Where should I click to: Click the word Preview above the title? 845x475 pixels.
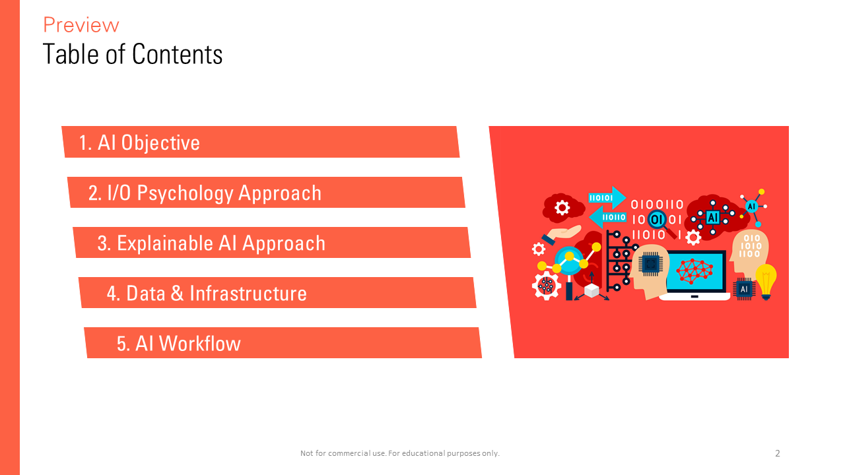[x=81, y=25]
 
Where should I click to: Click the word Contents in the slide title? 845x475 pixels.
[x=178, y=54]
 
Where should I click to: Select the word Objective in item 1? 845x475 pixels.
[x=160, y=143]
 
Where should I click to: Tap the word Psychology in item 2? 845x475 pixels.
[x=186, y=194]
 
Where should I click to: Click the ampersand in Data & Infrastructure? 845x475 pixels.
[x=177, y=294]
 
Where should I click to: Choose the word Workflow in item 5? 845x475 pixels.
[x=199, y=344]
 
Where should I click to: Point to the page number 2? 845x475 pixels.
[x=778, y=453]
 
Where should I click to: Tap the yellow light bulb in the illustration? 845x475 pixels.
[x=766, y=282]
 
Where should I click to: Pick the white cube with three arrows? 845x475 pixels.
[x=591, y=290]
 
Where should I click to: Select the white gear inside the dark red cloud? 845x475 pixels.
[x=562, y=208]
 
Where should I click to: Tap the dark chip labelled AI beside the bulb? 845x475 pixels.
[x=744, y=289]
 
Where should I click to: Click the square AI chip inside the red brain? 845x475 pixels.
[x=712, y=218]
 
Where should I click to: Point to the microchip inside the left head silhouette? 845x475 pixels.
[x=650, y=264]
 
